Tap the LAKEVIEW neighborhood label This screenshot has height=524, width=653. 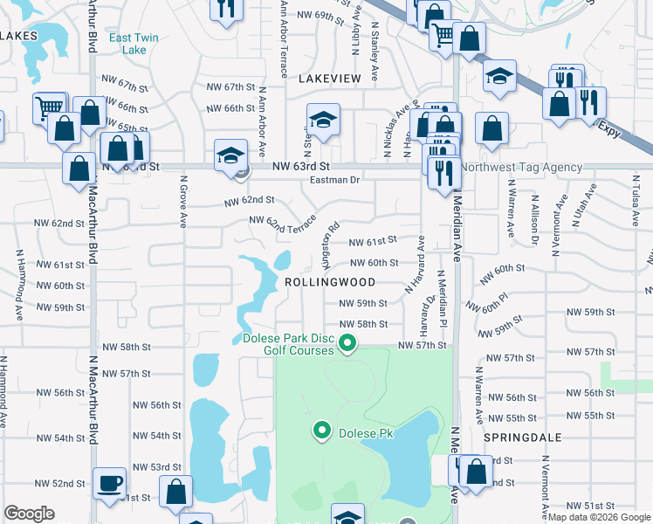pyautogui.click(x=330, y=79)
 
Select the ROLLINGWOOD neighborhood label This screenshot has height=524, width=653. pyautogui.click(x=330, y=282)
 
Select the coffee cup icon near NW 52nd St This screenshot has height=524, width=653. pyautogui.click(x=110, y=484)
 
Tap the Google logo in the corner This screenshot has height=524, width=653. pyautogui.click(x=29, y=514)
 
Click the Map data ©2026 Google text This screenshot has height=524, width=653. pyautogui.click(x=599, y=517)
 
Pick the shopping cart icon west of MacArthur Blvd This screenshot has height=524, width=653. pyautogui.click(x=50, y=108)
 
